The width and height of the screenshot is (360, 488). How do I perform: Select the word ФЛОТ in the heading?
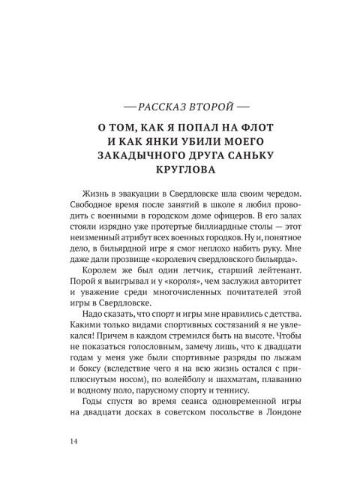click(x=261, y=125)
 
